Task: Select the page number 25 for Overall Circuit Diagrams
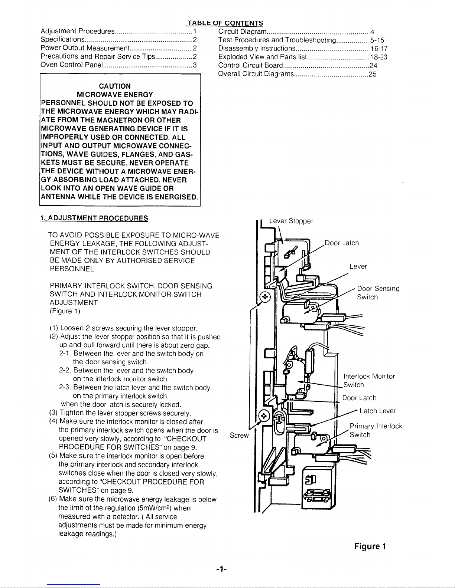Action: (x=373, y=74)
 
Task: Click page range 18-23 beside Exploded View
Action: (x=379, y=57)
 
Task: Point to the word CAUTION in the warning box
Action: (x=114, y=86)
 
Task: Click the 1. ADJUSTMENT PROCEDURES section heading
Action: (x=94, y=218)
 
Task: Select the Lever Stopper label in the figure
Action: (x=291, y=221)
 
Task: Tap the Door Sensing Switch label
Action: (x=378, y=293)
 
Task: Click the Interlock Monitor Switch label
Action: (x=369, y=381)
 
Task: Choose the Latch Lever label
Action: (x=378, y=411)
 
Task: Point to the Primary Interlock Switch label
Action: (x=376, y=430)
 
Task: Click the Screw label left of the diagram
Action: (x=239, y=435)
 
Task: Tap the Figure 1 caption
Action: (x=370, y=546)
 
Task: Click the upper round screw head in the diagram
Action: (x=265, y=297)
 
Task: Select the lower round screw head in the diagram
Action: (x=264, y=415)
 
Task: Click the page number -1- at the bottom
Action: (x=221, y=569)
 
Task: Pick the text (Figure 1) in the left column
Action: (x=65, y=311)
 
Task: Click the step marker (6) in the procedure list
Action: (x=53, y=499)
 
